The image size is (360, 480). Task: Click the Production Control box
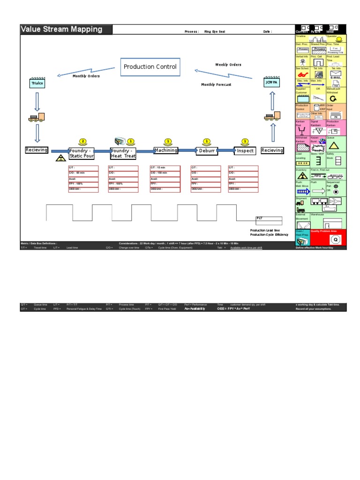(x=150, y=67)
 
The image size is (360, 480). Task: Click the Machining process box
(x=166, y=150)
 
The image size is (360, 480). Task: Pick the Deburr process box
(x=207, y=151)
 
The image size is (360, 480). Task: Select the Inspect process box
(x=245, y=151)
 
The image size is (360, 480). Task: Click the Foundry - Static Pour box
(x=82, y=153)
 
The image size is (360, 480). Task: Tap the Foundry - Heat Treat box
(x=123, y=153)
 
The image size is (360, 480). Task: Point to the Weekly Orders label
(x=228, y=65)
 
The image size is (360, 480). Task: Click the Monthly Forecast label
(x=216, y=85)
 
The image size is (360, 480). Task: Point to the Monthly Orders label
(x=86, y=76)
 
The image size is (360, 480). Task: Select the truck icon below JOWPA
(x=272, y=116)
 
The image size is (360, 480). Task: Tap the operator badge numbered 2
(x=82, y=141)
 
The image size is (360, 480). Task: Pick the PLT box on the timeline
(x=269, y=218)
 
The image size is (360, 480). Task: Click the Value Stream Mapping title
(x=61, y=29)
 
